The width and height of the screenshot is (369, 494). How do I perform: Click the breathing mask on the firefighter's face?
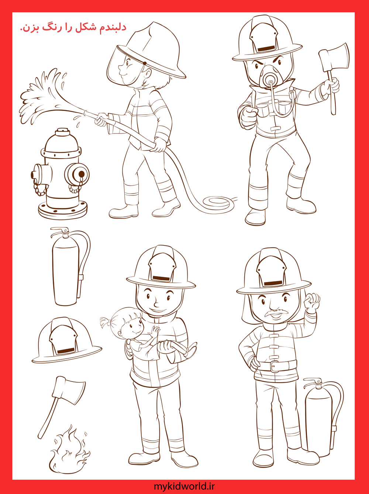coord(271,77)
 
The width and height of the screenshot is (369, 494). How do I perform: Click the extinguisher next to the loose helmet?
coord(70,266)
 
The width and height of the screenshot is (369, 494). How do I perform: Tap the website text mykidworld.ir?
coord(184,487)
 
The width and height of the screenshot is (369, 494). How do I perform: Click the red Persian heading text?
coord(73,27)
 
